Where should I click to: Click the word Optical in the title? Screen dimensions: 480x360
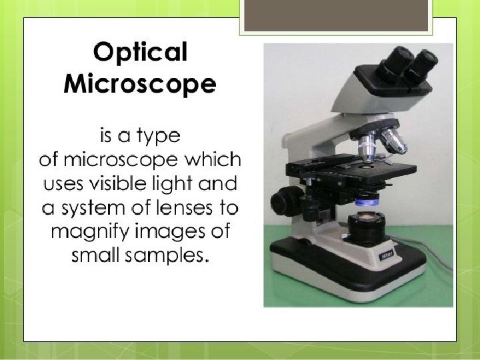[140, 53]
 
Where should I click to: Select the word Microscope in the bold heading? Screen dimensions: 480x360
[140, 84]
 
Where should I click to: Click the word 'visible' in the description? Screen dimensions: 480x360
[118, 183]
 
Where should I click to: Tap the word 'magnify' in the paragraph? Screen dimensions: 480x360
[90, 233]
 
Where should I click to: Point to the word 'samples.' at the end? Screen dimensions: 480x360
[167, 256]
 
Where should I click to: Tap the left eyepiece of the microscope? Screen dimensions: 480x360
[395, 63]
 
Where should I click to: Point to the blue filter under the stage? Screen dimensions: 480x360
[367, 202]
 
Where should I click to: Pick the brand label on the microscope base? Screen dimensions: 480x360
[386, 255]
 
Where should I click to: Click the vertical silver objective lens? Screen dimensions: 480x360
[367, 147]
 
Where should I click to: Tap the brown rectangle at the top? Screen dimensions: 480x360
[336, 15]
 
